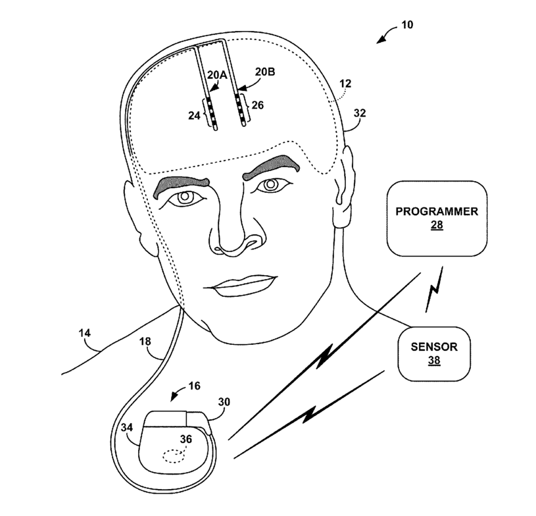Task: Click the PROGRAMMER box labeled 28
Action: click(x=437, y=218)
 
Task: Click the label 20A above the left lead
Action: click(x=217, y=75)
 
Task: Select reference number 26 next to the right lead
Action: click(x=257, y=105)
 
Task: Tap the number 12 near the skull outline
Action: click(x=345, y=84)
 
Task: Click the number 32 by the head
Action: click(x=360, y=113)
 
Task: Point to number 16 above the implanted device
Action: click(x=195, y=386)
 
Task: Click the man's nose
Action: click(x=230, y=234)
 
